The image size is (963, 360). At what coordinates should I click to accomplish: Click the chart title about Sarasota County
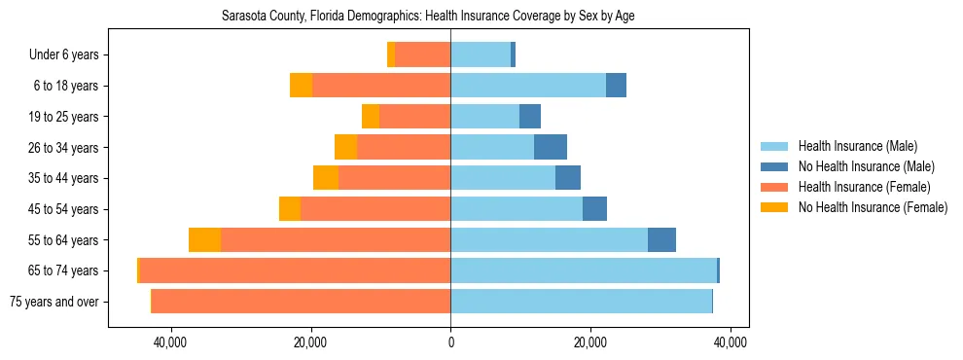[428, 17]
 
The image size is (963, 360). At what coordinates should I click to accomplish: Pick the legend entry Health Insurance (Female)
[858, 187]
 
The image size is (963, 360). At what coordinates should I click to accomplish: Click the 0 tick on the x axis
[450, 343]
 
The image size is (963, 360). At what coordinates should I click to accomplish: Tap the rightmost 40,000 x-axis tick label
[730, 343]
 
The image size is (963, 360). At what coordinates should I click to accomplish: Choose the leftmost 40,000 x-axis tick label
[171, 343]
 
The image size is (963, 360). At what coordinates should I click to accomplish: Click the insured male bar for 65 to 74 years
[584, 270]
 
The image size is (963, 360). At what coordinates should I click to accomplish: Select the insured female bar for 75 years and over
[301, 302]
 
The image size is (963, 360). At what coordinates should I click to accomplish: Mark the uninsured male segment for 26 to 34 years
[551, 147]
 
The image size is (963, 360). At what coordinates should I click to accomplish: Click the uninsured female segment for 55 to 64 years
[204, 239]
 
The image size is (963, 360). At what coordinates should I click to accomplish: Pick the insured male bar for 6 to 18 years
[528, 86]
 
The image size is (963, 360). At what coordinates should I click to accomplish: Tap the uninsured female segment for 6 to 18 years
[301, 86]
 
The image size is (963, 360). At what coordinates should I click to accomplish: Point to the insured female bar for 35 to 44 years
[394, 178]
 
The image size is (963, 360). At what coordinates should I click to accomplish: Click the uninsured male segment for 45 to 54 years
[594, 209]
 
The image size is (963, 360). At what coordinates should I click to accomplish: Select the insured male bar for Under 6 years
[481, 55]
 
